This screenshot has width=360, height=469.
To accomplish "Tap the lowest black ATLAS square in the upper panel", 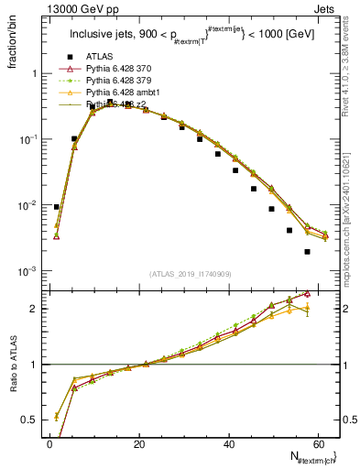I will pyautogui.click(x=307, y=251).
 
